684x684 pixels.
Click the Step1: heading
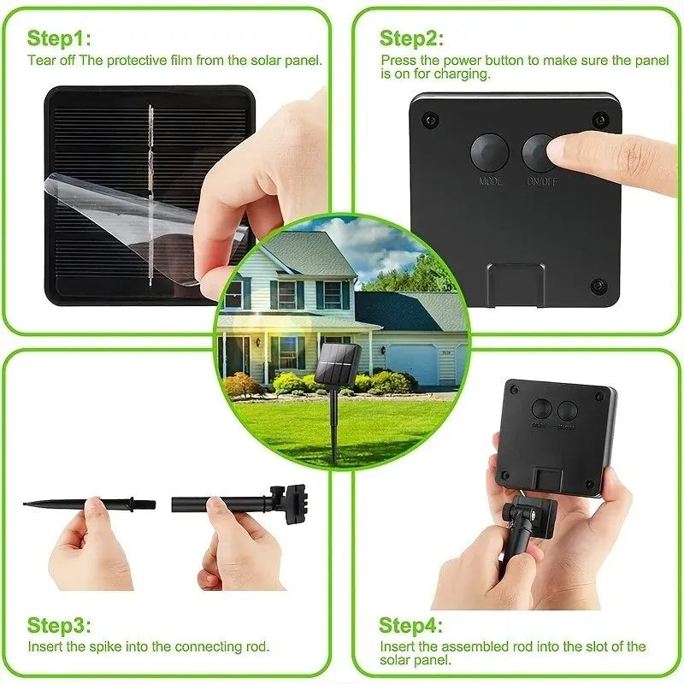(x=59, y=38)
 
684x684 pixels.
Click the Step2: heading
(x=411, y=38)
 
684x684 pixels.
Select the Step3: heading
(x=59, y=625)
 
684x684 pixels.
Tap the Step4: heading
(x=411, y=625)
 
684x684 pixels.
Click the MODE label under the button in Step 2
(x=490, y=181)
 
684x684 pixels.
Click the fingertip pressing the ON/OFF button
(x=559, y=152)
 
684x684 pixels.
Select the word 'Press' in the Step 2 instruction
(x=397, y=61)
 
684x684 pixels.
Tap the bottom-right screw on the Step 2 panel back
(x=598, y=284)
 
